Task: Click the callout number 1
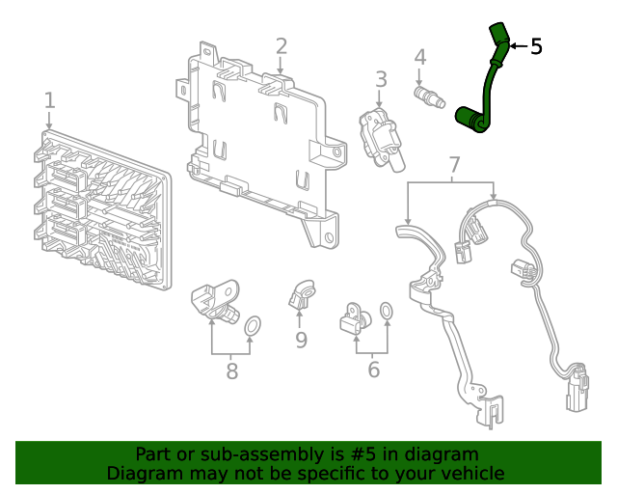(x=49, y=100)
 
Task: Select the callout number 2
(x=281, y=45)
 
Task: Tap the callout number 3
(x=381, y=78)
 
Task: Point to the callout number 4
(x=419, y=58)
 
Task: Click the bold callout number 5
(x=536, y=45)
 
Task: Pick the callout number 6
(x=373, y=370)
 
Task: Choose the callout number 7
(x=454, y=166)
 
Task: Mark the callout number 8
(x=231, y=370)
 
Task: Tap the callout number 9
(x=301, y=339)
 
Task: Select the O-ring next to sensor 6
(x=385, y=311)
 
